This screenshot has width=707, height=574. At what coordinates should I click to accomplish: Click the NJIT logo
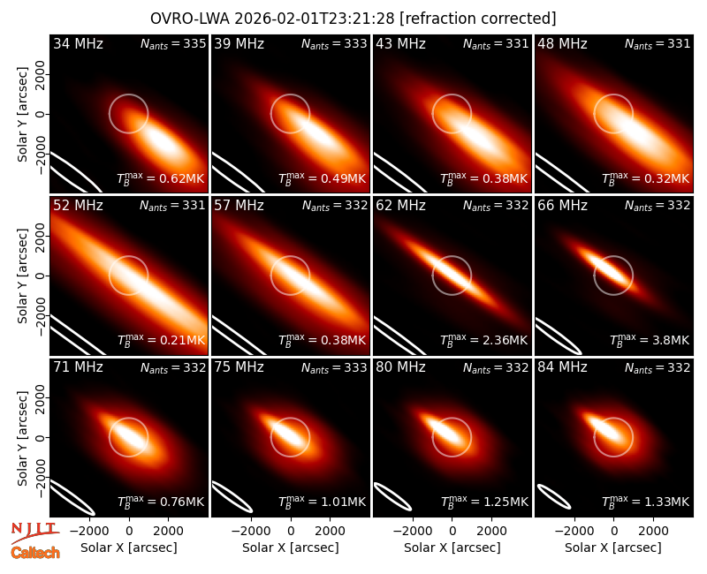[34, 532]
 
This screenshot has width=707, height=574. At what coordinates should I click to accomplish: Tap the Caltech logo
[35, 553]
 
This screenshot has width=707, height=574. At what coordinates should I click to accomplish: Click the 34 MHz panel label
[78, 43]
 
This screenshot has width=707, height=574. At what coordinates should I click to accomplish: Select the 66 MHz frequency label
[562, 206]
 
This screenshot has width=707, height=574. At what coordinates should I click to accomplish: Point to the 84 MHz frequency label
[562, 367]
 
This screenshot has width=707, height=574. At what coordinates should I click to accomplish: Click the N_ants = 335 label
[173, 43]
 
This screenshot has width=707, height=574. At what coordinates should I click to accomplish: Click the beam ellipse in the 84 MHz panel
[554, 497]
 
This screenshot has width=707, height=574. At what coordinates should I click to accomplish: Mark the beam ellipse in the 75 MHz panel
[232, 497]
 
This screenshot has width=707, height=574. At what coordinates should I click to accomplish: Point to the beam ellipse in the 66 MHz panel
[559, 336]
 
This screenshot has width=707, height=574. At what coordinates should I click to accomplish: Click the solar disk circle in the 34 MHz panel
[129, 94]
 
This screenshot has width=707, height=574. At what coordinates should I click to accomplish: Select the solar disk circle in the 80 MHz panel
[452, 418]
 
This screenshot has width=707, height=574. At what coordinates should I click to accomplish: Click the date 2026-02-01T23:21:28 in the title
[315, 19]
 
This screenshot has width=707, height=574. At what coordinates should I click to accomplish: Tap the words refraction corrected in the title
[478, 19]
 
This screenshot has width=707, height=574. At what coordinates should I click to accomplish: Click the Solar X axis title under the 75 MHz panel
[291, 548]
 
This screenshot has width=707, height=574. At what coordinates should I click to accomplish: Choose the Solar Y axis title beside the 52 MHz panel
[22, 276]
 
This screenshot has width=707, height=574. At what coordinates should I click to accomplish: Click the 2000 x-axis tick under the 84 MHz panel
[653, 532]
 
